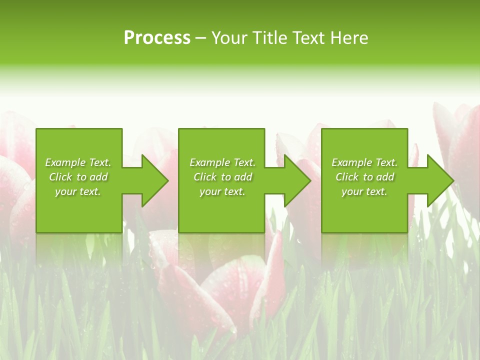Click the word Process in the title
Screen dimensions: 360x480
pos(157,38)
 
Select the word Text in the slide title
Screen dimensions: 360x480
pos(308,38)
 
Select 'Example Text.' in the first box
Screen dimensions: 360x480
pos(78,162)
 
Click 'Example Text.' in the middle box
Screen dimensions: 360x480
pos(222,162)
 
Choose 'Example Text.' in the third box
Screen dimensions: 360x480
pos(364,162)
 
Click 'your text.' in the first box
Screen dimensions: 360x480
pos(78,191)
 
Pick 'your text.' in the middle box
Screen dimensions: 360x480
pos(222,191)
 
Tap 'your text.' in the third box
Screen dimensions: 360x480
pos(364,191)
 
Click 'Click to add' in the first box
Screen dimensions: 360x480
pos(78,177)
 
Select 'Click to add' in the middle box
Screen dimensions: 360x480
pos(222,177)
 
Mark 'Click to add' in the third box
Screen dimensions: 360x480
pos(364,177)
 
